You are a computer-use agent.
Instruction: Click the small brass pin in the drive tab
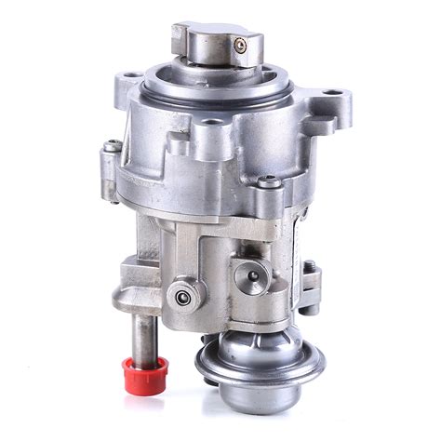240,43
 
